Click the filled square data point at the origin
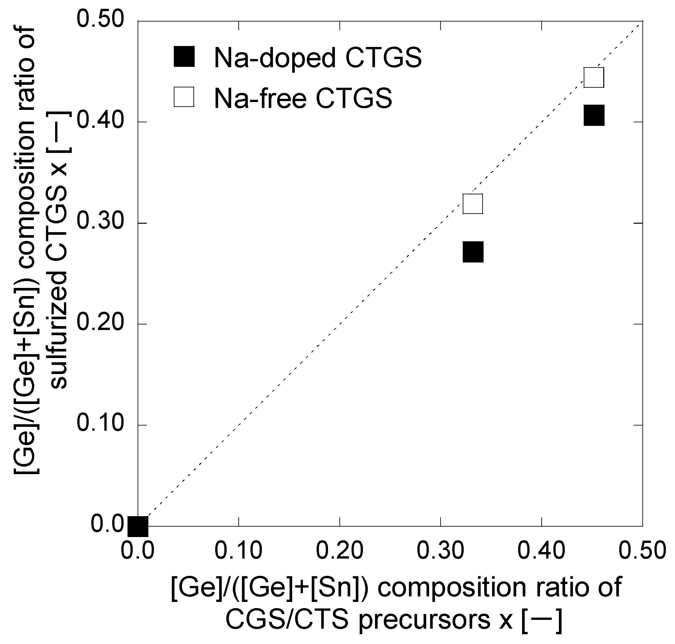click(x=138, y=526)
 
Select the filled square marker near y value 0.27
click(x=473, y=252)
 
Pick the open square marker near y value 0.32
click(x=473, y=203)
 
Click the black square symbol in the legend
click(x=184, y=56)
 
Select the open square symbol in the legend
click(x=184, y=97)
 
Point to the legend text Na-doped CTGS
click(x=318, y=58)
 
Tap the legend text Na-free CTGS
click(x=303, y=98)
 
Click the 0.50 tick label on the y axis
click(x=100, y=19)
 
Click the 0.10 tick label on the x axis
click(x=238, y=550)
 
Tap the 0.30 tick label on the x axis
click(x=441, y=550)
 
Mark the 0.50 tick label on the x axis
click(x=642, y=550)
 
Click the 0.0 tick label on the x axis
click(x=138, y=550)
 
